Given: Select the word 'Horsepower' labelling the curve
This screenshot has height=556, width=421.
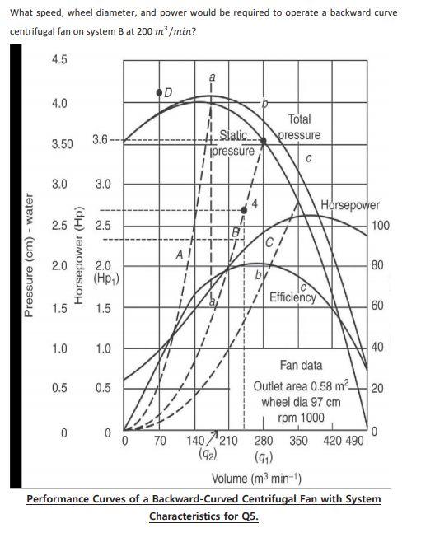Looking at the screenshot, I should click(349, 205).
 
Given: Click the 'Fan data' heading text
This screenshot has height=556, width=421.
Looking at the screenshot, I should click(301, 365).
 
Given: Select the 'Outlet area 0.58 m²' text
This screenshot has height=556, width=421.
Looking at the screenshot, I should click(302, 387).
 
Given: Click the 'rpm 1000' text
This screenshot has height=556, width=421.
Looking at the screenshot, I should click(302, 418).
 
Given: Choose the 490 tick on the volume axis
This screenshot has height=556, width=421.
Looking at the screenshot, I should click(353, 441).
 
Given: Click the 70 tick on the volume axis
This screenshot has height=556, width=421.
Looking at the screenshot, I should click(161, 441).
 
